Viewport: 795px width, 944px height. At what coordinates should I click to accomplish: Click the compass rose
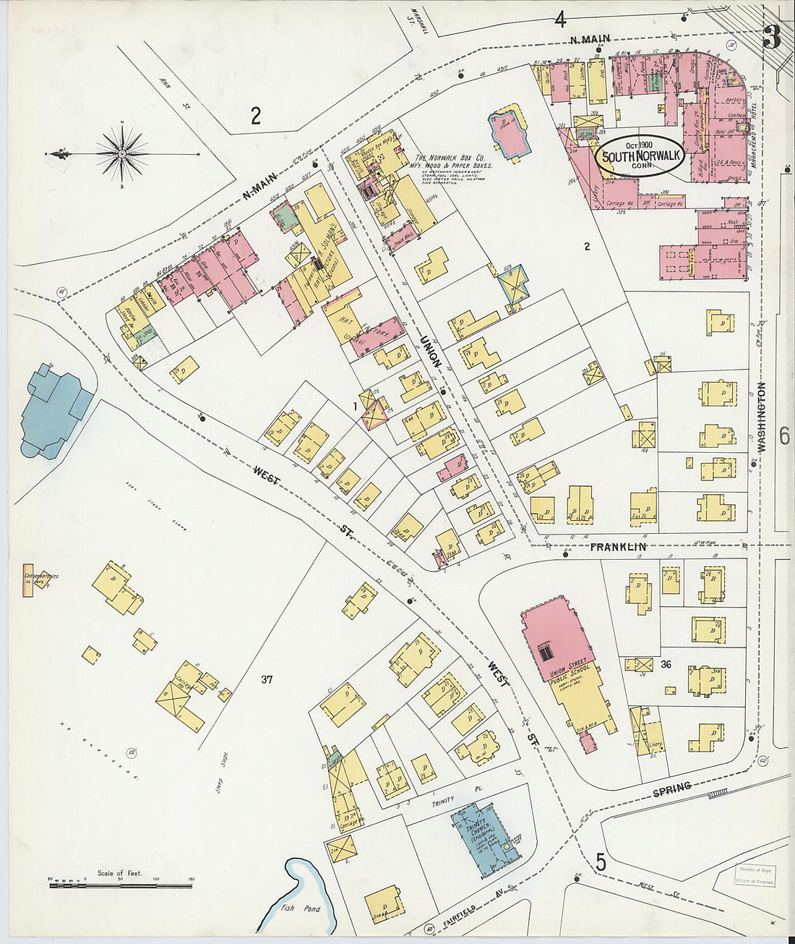pyautogui.click(x=123, y=153)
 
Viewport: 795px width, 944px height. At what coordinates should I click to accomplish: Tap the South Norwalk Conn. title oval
pyautogui.click(x=637, y=154)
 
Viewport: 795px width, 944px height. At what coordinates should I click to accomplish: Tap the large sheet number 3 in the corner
pyautogui.click(x=771, y=36)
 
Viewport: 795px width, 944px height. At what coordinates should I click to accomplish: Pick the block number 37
pyautogui.click(x=267, y=679)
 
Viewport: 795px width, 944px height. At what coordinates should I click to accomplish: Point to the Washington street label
pyautogui.click(x=761, y=417)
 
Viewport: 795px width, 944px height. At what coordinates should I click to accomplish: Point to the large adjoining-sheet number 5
pyautogui.click(x=601, y=862)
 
